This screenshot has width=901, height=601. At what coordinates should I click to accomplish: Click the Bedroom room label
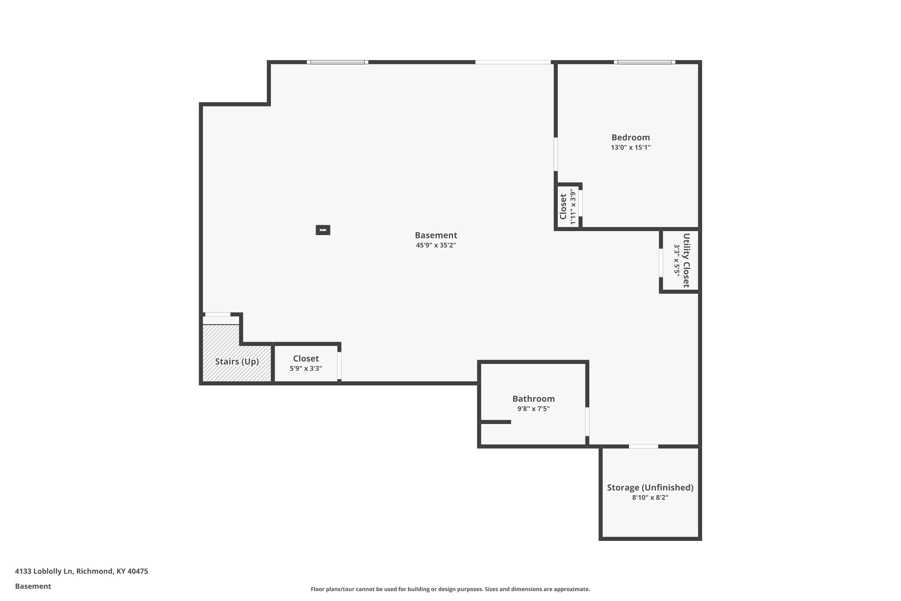(630, 137)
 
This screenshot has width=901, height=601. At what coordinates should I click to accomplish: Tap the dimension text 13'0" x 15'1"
(630, 148)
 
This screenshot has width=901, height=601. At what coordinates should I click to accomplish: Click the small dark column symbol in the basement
(323, 230)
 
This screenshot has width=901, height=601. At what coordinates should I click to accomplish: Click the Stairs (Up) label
(237, 362)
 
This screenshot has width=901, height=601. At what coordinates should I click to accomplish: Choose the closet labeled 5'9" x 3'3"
(306, 363)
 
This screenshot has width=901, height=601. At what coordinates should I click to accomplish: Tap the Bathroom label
(533, 399)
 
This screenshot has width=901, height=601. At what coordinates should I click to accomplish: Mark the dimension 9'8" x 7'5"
(533, 409)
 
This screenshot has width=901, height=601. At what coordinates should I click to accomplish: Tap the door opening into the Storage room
(643, 446)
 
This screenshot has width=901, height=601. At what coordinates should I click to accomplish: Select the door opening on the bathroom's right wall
(587, 422)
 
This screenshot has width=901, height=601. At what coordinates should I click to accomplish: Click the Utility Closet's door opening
(661, 263)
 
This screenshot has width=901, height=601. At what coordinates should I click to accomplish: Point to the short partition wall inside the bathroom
(495, 422)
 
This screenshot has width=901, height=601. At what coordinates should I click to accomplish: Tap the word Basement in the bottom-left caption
(33, 586)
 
